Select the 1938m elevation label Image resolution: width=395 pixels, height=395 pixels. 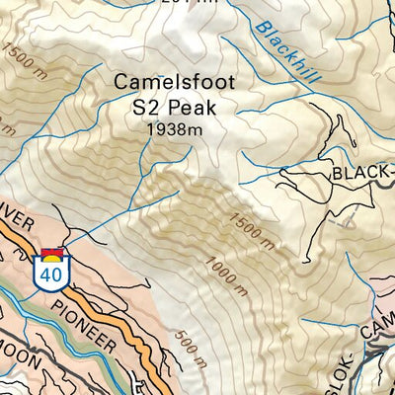(174, 129)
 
